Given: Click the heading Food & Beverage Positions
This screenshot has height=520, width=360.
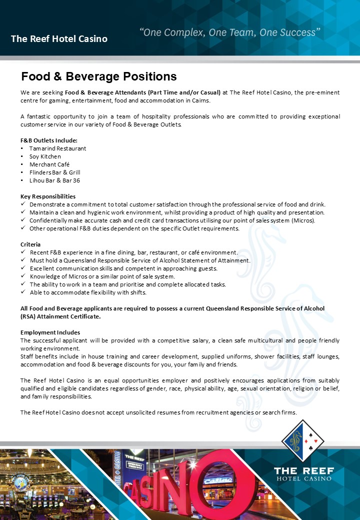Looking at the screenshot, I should [99, 76].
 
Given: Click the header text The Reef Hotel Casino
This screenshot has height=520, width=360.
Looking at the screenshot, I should [59, 38].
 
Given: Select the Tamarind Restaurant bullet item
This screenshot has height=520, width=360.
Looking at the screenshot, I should [57, 148].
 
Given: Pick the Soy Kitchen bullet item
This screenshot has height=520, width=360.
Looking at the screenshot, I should [45, 156].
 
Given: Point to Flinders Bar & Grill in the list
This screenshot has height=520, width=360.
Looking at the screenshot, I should [54, 172].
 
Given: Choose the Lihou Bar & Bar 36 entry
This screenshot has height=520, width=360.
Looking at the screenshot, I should [54, 180].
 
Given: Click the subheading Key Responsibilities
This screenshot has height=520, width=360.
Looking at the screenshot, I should [48, 196].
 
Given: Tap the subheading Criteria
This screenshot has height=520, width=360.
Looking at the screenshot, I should [30, 244].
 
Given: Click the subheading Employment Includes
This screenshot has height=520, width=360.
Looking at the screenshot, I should [50, 332].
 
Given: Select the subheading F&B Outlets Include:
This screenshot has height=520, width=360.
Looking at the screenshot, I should [49, 140].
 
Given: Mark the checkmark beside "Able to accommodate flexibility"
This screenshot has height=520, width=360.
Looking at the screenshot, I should [23, 292].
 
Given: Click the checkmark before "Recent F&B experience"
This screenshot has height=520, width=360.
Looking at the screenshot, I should [23, 252].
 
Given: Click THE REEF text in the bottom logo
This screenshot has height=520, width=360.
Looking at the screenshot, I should [303, 470].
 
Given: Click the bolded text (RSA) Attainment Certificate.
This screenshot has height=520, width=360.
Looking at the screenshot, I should [60, 316].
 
